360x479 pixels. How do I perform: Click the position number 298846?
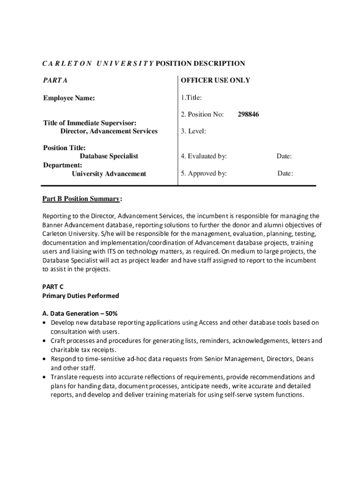(248, 114)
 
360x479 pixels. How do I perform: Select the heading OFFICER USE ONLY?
(216, 80)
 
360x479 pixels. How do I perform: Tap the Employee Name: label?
(69, 98)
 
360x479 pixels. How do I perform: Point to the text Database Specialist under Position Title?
(109, 156)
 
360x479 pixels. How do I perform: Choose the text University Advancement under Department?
(109, 174)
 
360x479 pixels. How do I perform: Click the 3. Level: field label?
(194, 131)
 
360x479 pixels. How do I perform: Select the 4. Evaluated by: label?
(204, 156)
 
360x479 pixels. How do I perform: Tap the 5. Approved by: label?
(204, 174)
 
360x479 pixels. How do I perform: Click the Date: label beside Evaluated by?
(284, 156)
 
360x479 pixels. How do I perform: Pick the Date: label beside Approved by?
(285, 174)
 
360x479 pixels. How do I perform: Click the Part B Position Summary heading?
(81, 199)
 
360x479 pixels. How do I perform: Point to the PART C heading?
(53, 286)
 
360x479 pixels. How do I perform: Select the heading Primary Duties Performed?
(80, 296)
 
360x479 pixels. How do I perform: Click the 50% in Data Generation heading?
(117, 313)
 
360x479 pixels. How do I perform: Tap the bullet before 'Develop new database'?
(44, 323)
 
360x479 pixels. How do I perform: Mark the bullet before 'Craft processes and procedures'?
(44, 341)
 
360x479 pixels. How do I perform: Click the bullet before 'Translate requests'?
(44, 377)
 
